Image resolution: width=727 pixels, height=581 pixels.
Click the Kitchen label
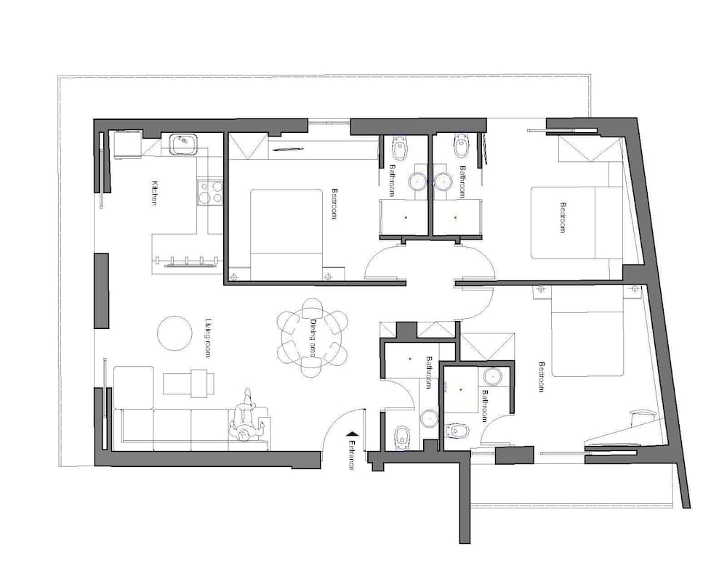[154, 192]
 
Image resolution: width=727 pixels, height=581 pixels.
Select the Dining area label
[314, 337]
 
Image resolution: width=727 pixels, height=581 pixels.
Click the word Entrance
[351, 455]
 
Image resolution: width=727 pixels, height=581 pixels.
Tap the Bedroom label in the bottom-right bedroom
[541, 377]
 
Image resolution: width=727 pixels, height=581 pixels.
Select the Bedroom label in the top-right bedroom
[562, 217]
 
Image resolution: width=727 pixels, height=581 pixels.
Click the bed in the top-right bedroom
[574, 222]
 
